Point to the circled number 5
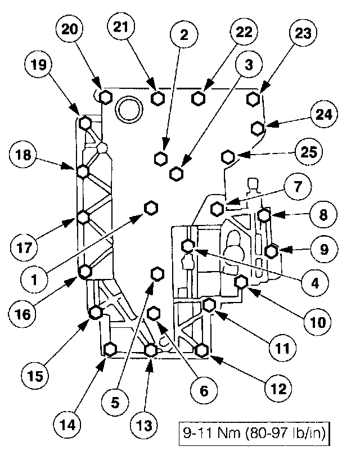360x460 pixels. coord(115,402)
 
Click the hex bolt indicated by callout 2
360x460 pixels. coord(160,157)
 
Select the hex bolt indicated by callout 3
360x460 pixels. coord(176,173)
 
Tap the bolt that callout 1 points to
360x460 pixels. coord(151,208)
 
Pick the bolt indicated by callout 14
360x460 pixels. coord(110,348)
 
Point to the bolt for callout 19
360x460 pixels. coord(85,123)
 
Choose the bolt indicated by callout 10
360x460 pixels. coord(241,282)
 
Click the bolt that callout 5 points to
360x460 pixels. coord(157,274)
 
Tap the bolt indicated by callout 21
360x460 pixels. coord(159,98)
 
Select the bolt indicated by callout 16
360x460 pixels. coord(85,272)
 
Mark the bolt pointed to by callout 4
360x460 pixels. coord(188,245)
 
